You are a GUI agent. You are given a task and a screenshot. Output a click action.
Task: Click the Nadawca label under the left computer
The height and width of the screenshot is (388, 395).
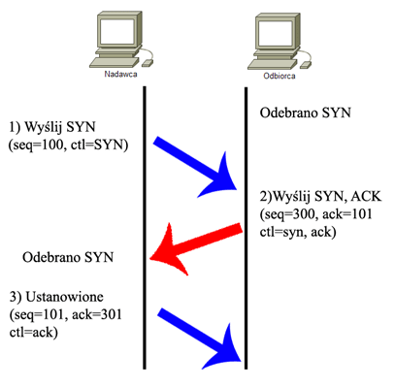coord(120,74)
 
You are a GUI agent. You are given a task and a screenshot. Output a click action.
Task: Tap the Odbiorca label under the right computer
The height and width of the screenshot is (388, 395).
coord(280,76)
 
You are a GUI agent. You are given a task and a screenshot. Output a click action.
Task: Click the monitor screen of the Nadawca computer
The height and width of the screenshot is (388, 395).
coord(116,30)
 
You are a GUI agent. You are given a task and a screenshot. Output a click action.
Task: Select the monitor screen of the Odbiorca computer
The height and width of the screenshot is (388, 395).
coord(276,33)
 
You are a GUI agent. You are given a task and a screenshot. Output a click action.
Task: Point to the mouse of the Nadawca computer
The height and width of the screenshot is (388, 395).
coord(148,63)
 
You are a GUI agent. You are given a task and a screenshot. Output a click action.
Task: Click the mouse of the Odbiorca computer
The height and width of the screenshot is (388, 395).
coord(306,64)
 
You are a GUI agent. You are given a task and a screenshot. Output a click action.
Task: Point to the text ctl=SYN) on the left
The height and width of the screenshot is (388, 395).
coord(99,145)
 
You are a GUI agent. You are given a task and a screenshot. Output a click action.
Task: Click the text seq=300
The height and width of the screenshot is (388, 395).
coord(288,214)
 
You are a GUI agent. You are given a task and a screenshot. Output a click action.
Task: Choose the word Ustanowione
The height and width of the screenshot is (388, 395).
coord(65,297)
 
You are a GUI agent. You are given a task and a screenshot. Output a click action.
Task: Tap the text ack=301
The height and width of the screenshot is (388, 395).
coord(97,314)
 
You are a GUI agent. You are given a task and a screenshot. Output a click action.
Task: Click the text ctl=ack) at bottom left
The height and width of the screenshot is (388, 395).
coord(34,333)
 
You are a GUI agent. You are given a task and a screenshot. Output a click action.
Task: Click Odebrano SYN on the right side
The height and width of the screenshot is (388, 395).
coord(306,113)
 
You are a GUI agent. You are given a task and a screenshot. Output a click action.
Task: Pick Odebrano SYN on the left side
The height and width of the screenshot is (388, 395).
coord(68,257)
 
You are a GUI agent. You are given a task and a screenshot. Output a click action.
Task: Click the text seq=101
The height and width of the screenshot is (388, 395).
coord(37,315)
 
